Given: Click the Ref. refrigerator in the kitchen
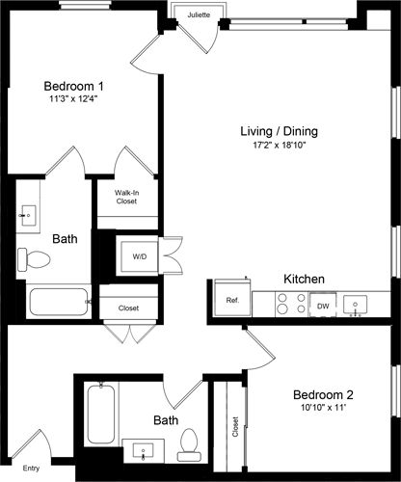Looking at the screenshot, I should [x=232, y=301].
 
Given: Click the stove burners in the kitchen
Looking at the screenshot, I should [x=286, y=304].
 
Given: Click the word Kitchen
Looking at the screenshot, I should [x=304, y=279].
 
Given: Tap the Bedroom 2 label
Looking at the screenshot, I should [x=323, y=393].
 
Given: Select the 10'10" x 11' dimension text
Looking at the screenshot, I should [x=323, y=409].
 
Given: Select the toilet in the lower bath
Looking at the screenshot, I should [x=190, y=441].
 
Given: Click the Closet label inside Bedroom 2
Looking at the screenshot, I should [x=235, y=426].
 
